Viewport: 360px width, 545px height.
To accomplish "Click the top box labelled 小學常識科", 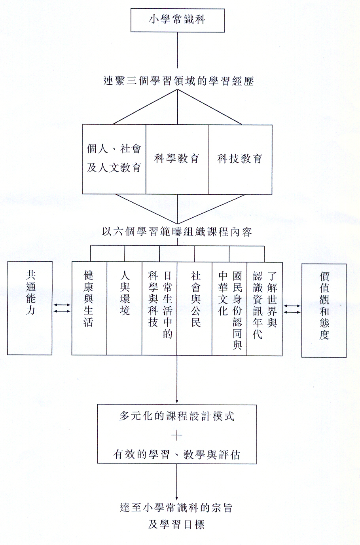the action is tap(177, 20).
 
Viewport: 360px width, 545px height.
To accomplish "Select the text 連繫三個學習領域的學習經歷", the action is tap(179, 81).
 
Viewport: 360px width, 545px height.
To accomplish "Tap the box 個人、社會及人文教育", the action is tap(114, 160).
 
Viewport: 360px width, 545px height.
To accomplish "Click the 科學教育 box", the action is tap(177, 160).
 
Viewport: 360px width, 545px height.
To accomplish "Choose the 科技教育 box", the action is tap(240, 160).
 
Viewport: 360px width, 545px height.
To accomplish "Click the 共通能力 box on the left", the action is tap(30, 308).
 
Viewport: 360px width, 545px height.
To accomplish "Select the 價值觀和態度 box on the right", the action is tap(324, 311).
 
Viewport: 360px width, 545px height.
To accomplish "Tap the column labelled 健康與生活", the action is tap(89, 308).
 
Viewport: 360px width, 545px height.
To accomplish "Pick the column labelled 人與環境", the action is tap(124, 308).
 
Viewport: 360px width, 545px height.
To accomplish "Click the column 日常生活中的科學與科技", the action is tap(159, 308).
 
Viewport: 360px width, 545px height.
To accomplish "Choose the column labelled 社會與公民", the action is tap(195, 308).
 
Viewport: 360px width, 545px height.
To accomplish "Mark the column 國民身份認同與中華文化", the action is tap(229, 308).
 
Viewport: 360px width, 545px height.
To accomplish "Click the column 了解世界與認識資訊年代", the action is tap(265, 308).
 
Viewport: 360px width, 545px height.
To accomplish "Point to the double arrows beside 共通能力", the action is tap(62, 308).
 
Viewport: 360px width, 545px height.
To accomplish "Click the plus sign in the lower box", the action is tap(177, 435).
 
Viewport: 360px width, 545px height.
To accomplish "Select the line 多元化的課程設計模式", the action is tap(177, 416).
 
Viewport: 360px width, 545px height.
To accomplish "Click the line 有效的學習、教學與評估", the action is tap(177, 454).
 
